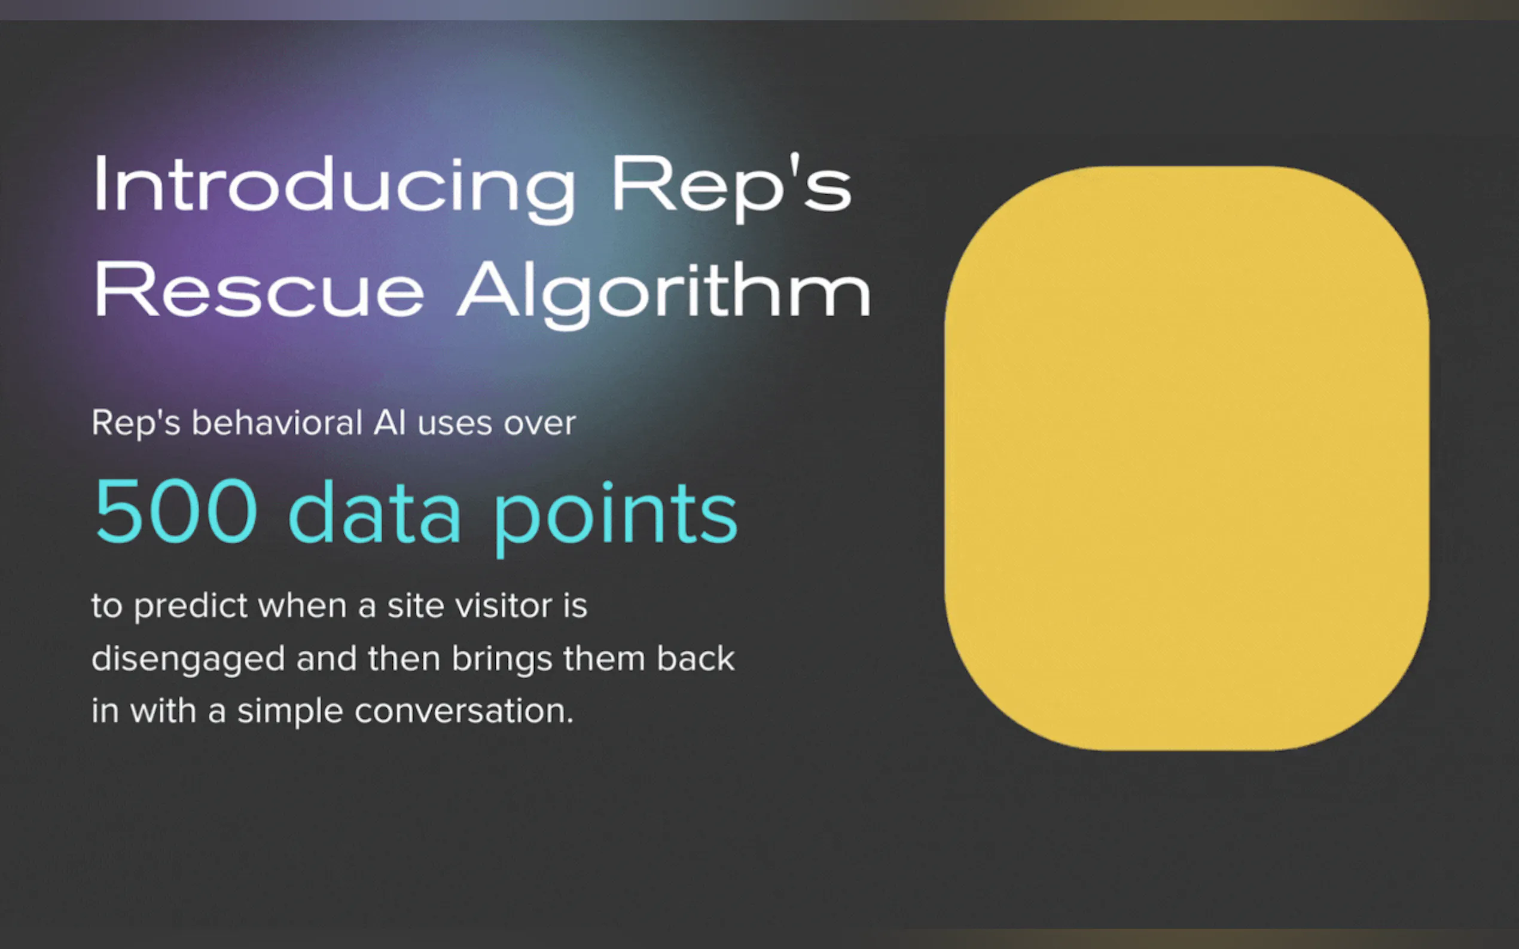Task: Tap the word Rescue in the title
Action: [260, 291]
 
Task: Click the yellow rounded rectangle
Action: [1187, 458]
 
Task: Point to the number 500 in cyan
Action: [176, 511]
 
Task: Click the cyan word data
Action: [375, 511]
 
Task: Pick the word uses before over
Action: [455, 424]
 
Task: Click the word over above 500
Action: [540, 424]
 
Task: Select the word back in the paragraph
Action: [696, 659]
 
